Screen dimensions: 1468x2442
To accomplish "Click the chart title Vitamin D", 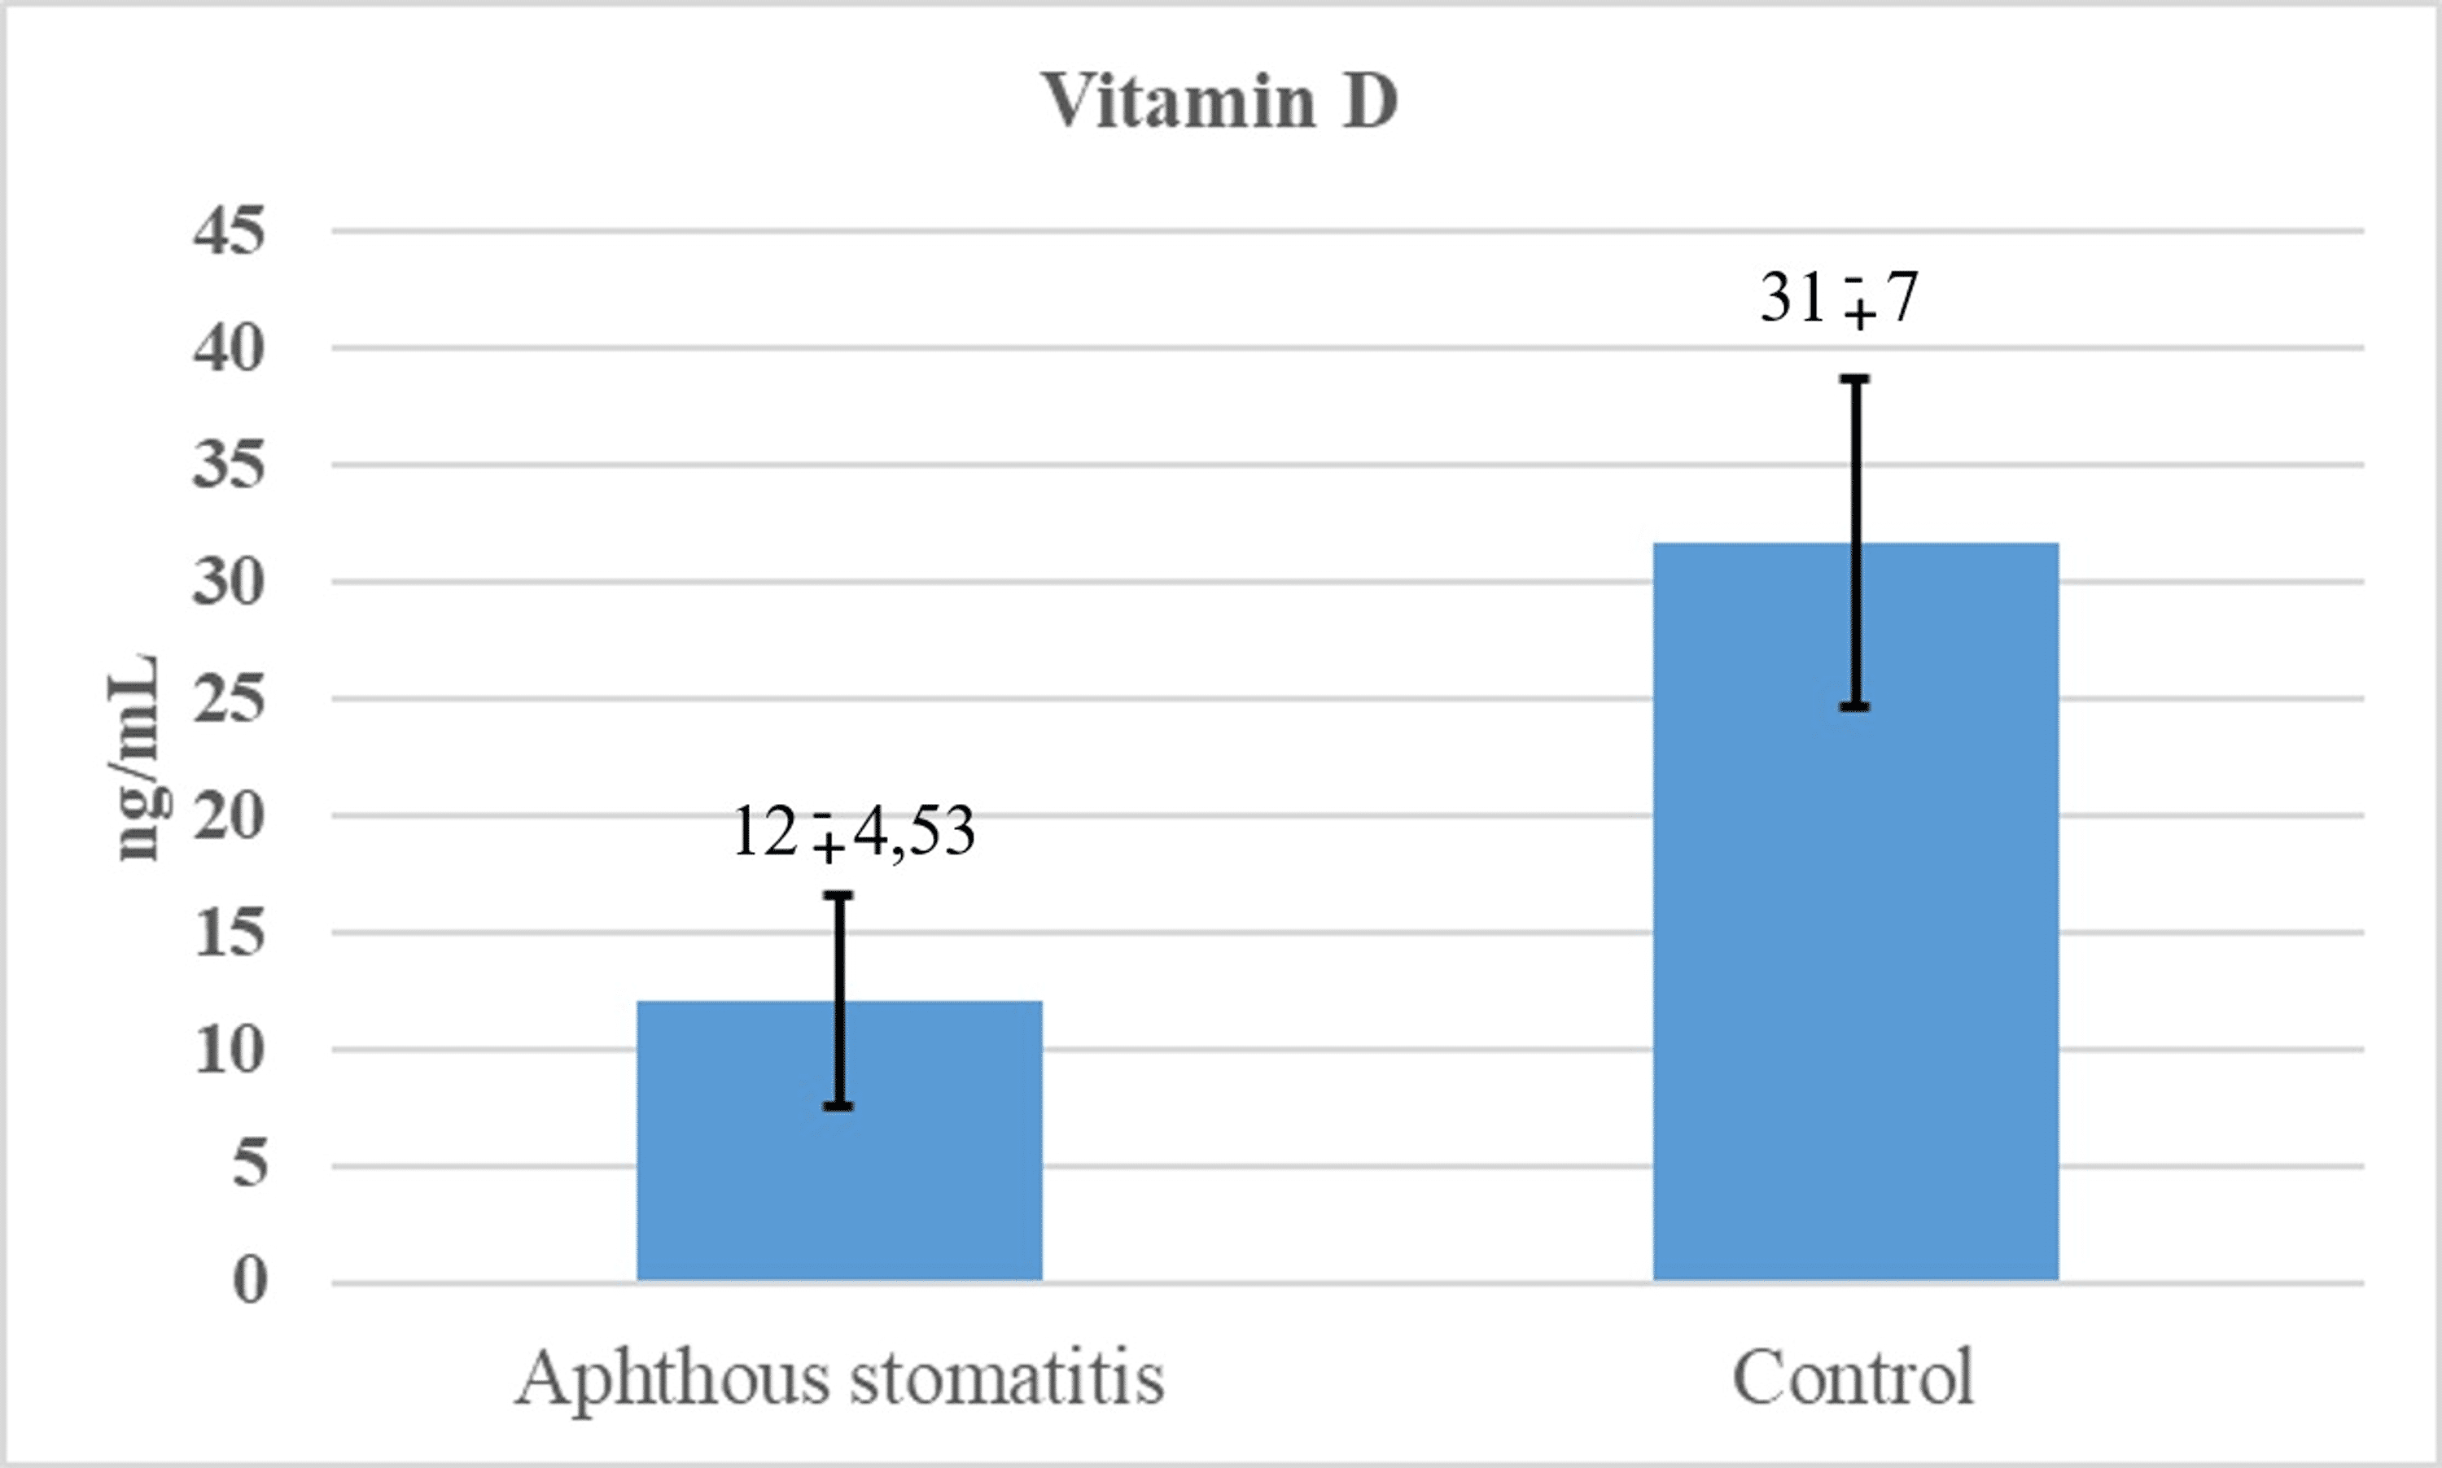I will (1219, 101).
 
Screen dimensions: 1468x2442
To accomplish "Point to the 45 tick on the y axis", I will (230, 231).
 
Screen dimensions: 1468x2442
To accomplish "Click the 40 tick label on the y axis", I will (230, 348).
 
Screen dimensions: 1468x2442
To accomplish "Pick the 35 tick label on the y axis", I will (230, 465).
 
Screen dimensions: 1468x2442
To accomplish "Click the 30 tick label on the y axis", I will (230, 582).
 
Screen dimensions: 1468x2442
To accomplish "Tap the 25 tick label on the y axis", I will (230, 698).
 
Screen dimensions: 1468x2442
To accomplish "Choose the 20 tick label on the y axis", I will (230, 815).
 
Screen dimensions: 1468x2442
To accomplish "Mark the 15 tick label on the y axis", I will (230, 932).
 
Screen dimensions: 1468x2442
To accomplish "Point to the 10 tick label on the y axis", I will (230, 1049).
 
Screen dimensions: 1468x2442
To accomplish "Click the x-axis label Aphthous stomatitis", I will (839, 1377).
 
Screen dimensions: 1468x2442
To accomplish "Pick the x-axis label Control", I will (1853, 1377).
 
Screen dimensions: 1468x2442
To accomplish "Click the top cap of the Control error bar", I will (1855, 379).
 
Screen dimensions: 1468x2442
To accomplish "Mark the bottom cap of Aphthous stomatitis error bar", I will (838, 1106).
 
